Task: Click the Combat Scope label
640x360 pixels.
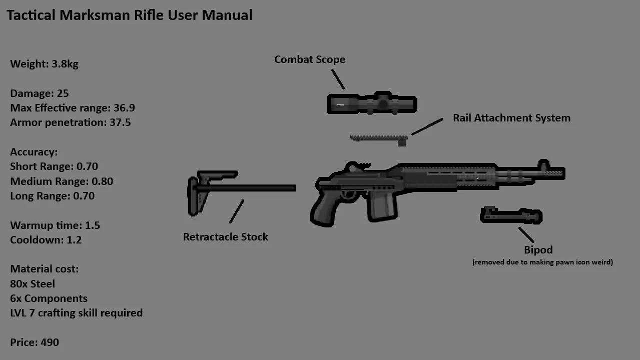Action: [309, 59]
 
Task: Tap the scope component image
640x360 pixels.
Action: [372, 104]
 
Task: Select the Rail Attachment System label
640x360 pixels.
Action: [511, 118]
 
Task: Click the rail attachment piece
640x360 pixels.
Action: [379, 138]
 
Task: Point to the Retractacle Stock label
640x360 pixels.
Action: [225, 237]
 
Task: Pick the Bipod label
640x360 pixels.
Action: [538, 250]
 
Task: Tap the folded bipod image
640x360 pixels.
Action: [511, 216]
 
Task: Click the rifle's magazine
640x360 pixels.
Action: [383, 205]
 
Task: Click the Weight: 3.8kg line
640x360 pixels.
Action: [44, 64]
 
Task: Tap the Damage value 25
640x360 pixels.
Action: [63, 93]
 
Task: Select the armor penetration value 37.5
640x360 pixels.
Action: [120, 122]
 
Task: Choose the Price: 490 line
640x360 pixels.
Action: [35, 342]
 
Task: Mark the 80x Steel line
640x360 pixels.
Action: [33, 284]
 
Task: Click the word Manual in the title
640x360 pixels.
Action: [227, 15]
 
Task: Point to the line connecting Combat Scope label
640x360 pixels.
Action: [338, 79]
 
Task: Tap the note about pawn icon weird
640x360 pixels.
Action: [542, 262]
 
